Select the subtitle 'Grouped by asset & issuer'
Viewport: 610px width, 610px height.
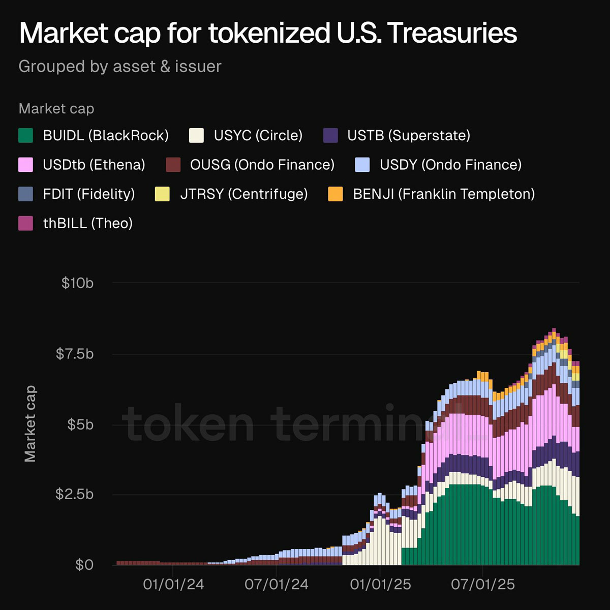click(x=120, y=67)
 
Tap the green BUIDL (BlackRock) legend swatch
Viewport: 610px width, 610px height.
click(x=25, y=136)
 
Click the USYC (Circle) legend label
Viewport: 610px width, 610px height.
click(x=258, y=136)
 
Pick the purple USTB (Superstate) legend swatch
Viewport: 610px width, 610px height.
click(x=330, y=136)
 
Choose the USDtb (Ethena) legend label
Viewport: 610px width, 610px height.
click(x=94, y=165)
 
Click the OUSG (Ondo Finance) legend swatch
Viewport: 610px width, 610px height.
click(x=173, y=165)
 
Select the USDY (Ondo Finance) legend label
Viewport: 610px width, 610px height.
click(x=450, y=165)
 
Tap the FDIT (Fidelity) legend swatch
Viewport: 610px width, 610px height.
click(x=25, y=194)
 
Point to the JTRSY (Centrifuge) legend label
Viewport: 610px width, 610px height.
click(x=244, y=194)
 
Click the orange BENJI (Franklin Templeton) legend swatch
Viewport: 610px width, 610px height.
click(x=335, y=194)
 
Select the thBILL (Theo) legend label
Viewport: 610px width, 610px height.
click(x=87, y=224)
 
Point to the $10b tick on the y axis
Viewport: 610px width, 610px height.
click(x=78, y=283)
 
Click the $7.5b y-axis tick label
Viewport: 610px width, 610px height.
click(x=75, y=354)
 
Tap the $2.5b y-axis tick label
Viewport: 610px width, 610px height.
click(x=75, y=494)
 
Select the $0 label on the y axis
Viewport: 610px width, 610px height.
click(x=84, y=565)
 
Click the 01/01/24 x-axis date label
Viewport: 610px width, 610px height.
click(x=173, y=585)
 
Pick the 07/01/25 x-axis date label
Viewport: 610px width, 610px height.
click(x=483, y=585)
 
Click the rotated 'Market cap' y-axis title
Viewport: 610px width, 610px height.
click(x=30, y=423)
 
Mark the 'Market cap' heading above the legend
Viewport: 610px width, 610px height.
click(x=56, y=109)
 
